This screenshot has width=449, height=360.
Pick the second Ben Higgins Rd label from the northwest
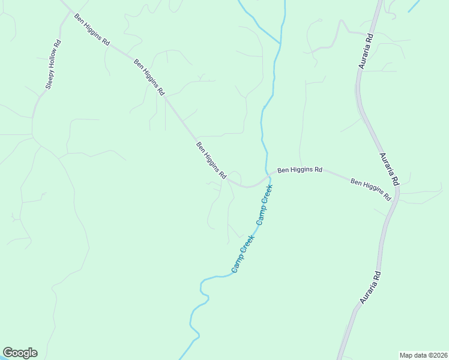pos(149,77)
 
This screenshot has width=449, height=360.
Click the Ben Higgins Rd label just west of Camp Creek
pos(211,160)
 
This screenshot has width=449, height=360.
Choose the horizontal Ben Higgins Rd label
pos(300,170)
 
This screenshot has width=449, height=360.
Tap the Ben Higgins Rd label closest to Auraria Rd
pos(371,189)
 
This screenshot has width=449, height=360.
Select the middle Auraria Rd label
pos(389,169)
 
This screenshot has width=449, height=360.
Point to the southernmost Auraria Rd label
pos(370,287)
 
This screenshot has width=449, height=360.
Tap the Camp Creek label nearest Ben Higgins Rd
pos(265,204)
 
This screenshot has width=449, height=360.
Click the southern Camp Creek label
pos(243,253)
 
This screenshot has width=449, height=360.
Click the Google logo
pos(20,353)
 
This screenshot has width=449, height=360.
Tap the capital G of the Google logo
pos(8,353)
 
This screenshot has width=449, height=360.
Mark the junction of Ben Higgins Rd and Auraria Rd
pos(397,196)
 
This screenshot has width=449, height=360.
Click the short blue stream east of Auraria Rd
pos(414,6)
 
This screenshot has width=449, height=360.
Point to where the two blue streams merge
pos(280,43)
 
